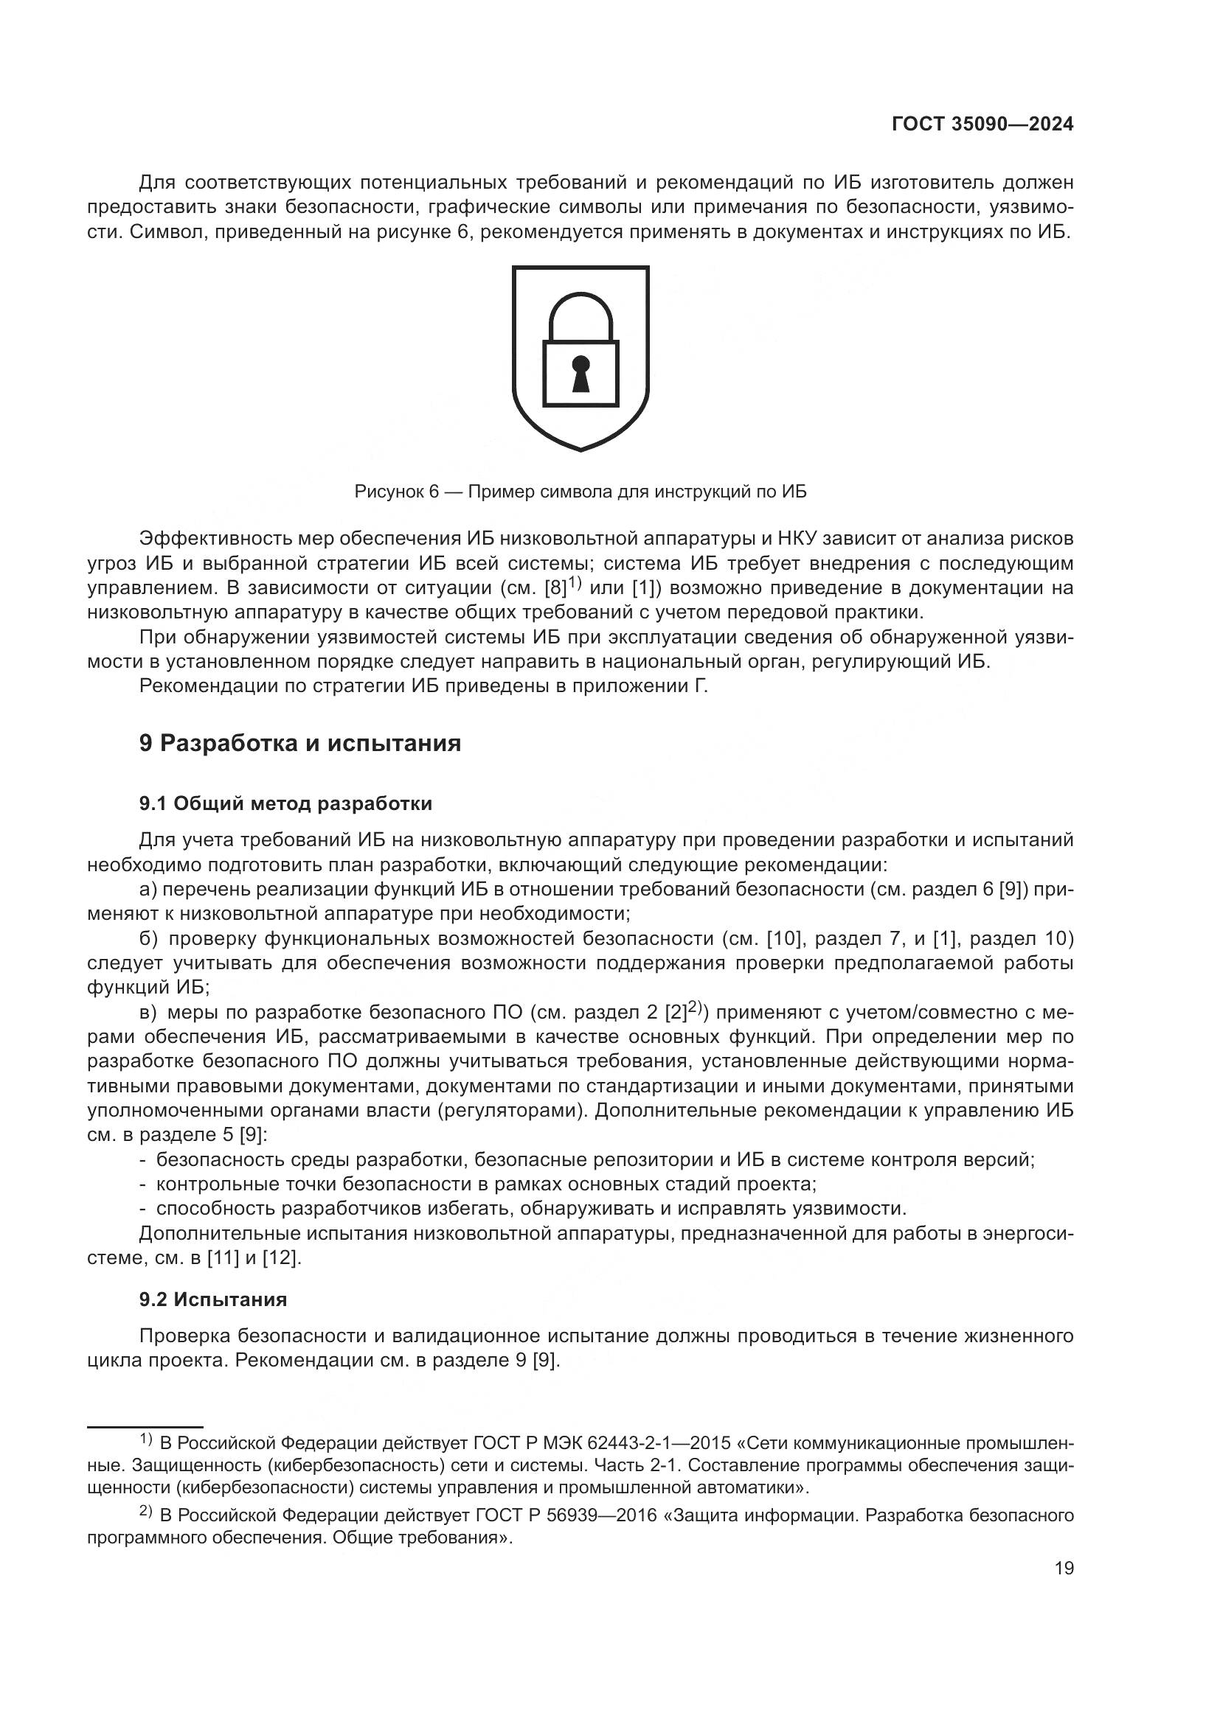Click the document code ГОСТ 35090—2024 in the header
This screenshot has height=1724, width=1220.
click(982, 125)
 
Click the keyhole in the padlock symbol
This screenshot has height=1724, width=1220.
click(580, 373)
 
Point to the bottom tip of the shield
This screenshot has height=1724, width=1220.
click(580, 448)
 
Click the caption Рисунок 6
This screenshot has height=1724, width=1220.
click(396, 492)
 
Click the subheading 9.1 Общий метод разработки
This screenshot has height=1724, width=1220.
click(285, 803)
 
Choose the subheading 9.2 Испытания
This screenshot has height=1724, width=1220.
click(212, 1298)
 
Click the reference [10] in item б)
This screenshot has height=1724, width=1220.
click(784, 938)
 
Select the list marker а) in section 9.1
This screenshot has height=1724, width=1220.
click(148, 890)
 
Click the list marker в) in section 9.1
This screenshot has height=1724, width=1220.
click(148, 1013)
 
